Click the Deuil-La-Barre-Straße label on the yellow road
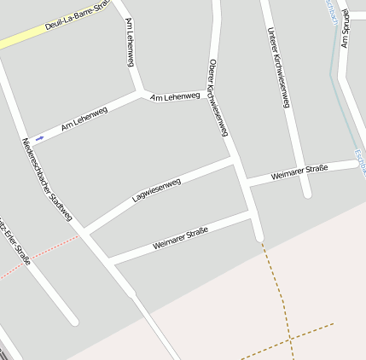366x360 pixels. click(75, 18)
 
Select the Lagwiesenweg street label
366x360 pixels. click(157, 189)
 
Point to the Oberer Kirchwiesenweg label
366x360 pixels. click(219, 97)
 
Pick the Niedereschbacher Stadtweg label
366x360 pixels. click(48, 180)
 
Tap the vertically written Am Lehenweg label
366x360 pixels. click(130, 38)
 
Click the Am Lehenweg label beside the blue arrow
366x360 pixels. click(84, 119)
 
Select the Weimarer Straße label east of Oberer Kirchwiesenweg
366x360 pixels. click(299, 173)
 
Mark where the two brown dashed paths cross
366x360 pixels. click(290, 338)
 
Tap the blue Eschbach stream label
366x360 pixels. click(360, 161)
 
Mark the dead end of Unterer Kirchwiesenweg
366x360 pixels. click(306, 194)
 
